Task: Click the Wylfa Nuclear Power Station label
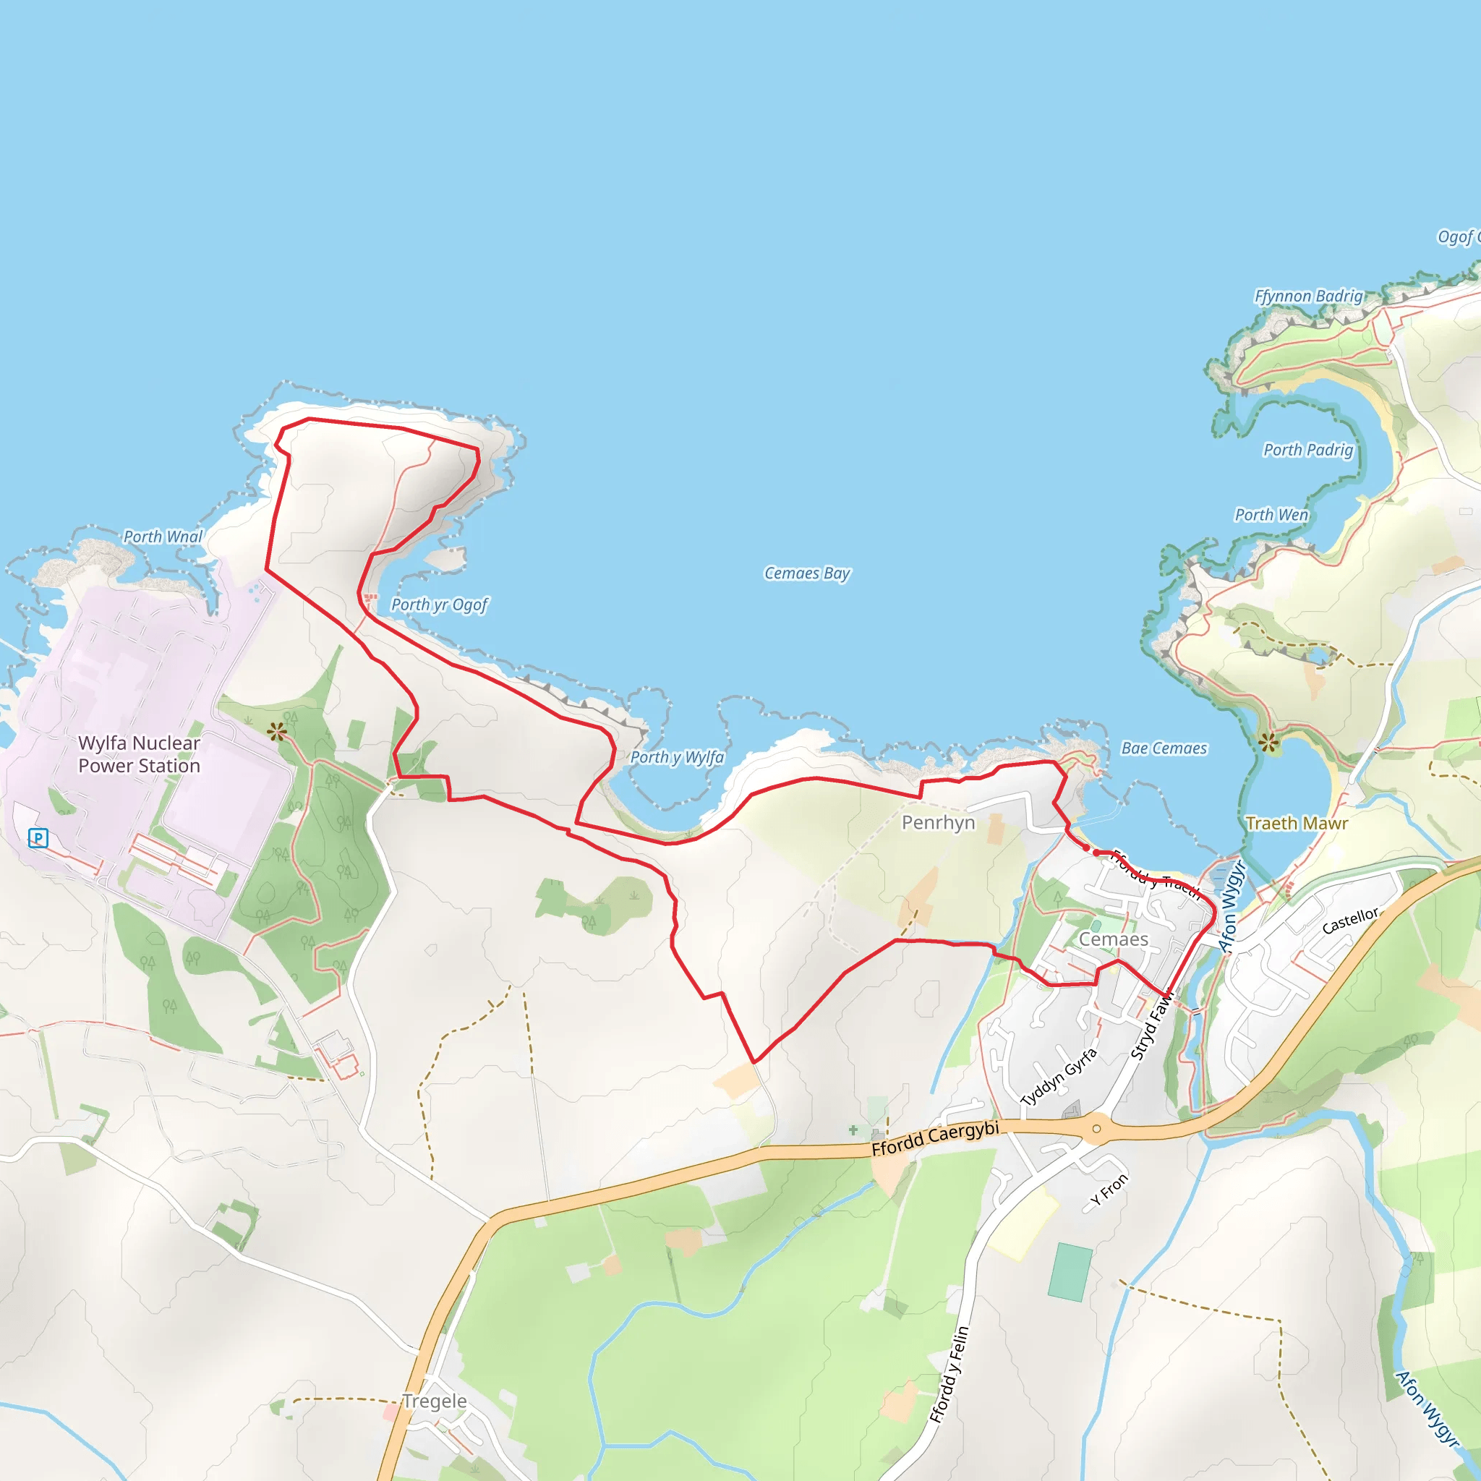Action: click(139, 754)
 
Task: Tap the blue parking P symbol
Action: click(38, 838)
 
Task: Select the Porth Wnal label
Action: click(163, 537)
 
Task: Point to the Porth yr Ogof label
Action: click(439, 605)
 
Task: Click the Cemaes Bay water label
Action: click(807, 573)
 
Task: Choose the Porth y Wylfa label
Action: click(677, 757)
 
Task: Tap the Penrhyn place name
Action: click(938, 822)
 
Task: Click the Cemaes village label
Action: click(1113, 939)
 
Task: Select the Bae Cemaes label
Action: click(1164, 748)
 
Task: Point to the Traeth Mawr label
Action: click(1297, 823)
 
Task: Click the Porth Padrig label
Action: click(1307, 450)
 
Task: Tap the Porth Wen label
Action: click(1271, 515)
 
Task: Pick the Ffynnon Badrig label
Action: click(1308, 296)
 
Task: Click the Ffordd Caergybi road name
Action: click(935, 1138)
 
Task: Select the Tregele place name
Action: click(435, 1401)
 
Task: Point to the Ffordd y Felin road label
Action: click(949, 1375)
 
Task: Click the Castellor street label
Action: click(1350, 920)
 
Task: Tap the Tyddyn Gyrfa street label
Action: click(1059, 1077)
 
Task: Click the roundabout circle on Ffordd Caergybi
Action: click(1096, 1128)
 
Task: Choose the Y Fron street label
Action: click(1109, 1190)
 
